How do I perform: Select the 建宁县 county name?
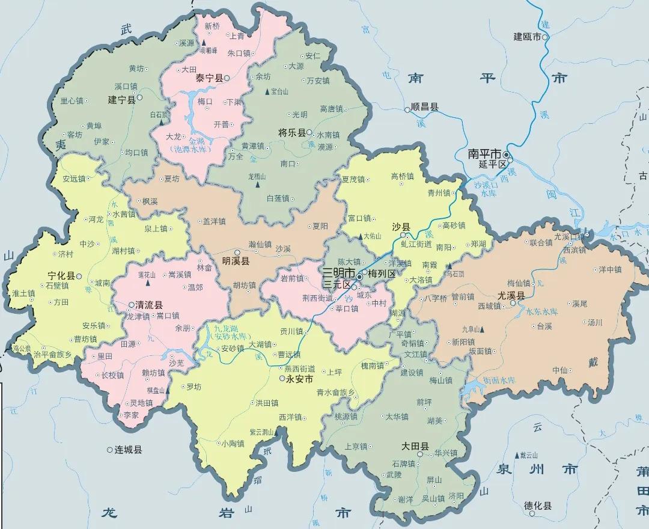pos(121,99)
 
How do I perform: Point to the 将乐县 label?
pos(292,132)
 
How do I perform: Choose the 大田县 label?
pos(415,447)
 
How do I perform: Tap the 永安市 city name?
pos(299,379)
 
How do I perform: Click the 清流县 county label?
pos(149,305)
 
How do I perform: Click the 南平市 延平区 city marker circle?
pos(507,155)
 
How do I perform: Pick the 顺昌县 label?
pos(425,108)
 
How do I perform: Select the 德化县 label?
pos(538,506)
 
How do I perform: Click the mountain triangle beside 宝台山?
pos(267,91)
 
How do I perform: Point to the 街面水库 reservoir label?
pos(499,380)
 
